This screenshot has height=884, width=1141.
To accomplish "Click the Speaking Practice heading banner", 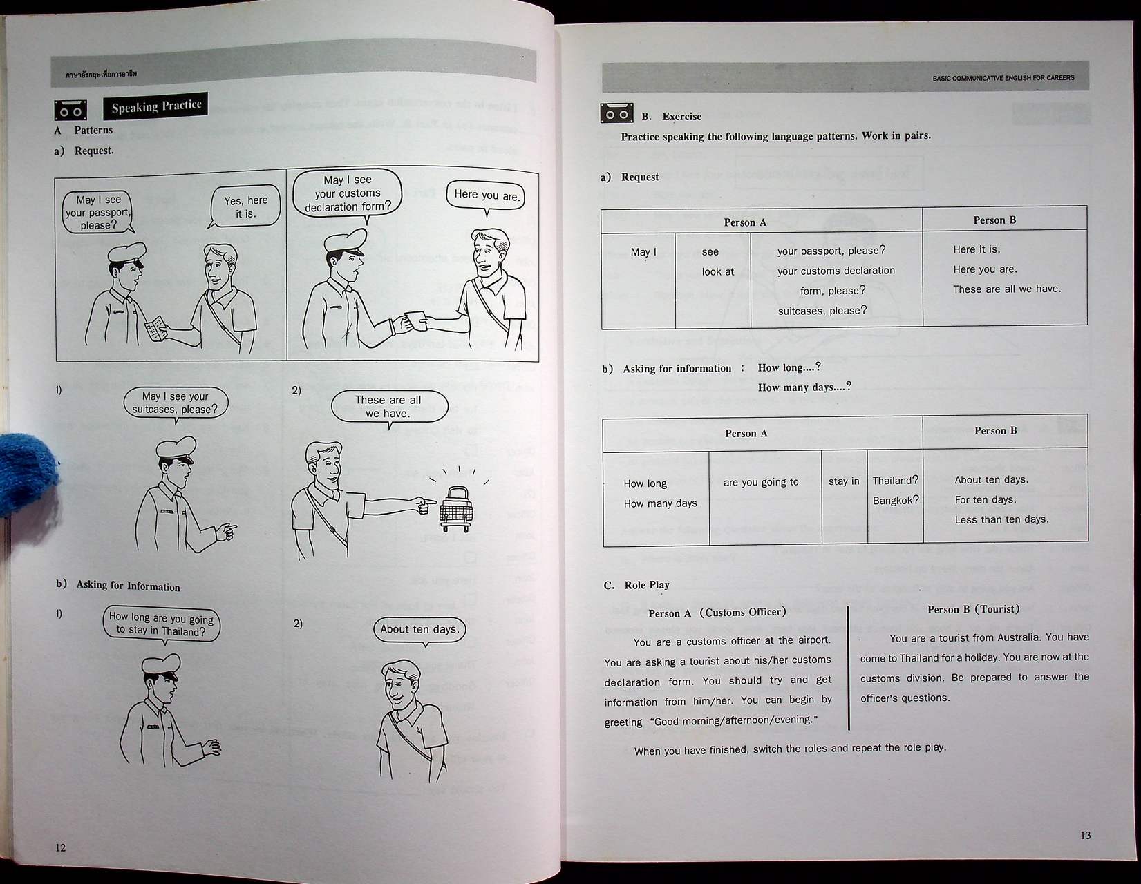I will point(155,106).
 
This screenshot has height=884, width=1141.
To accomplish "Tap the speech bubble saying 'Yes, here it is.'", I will point(245,206).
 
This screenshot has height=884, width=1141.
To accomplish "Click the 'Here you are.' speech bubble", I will point(486,195).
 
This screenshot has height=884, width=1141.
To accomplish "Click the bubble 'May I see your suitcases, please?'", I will point(175,403).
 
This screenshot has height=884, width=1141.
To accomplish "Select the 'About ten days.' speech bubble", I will point(419,629).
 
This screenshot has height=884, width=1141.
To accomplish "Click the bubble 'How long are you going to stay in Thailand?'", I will point(161,624).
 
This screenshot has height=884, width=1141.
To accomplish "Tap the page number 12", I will point(60,847).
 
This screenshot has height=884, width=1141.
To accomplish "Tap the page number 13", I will point(1085,835).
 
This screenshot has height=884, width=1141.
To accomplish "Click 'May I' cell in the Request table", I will point(643,252).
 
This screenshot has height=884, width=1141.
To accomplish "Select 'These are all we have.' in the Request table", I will point(1006,289).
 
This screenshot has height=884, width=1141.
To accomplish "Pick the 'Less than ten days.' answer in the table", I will point(1001,519).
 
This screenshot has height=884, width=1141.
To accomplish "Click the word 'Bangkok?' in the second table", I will point(895,500).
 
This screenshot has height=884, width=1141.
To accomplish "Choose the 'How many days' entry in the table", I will point(660,503).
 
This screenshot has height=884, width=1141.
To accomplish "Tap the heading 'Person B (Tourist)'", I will point(973,609).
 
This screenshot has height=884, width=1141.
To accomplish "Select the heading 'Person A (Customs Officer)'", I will point(717,613).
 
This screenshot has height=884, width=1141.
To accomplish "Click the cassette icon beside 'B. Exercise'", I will point(616,113).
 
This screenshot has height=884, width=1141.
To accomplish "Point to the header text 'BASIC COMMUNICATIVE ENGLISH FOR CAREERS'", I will point(1003,78).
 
